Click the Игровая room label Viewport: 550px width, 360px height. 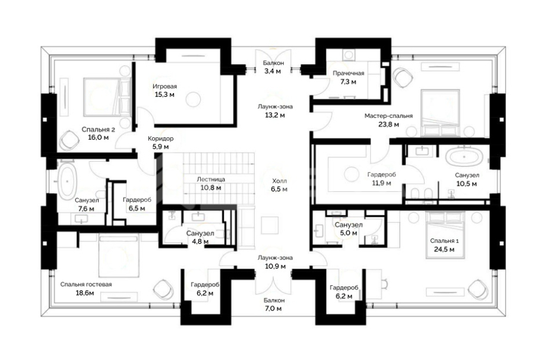click(165, 86)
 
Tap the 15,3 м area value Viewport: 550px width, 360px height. click(165, 94)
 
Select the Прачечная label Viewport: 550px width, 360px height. click(348, 73)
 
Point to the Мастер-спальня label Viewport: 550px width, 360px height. click(388, 116)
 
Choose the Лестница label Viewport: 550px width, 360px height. click(211, 179)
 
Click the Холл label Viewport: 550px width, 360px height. click(280, 181)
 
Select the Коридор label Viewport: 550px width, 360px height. click(160, 138)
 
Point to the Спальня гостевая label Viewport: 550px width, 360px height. click(86, 284)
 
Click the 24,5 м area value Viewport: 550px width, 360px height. click(444, 250)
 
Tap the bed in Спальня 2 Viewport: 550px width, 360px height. click(107, 97)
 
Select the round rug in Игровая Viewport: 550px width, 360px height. click(193, 99)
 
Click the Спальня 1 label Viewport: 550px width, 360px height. click(444, 241)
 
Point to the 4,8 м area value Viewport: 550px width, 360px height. click(200, 242)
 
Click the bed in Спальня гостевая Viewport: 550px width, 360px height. click(119, 256)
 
